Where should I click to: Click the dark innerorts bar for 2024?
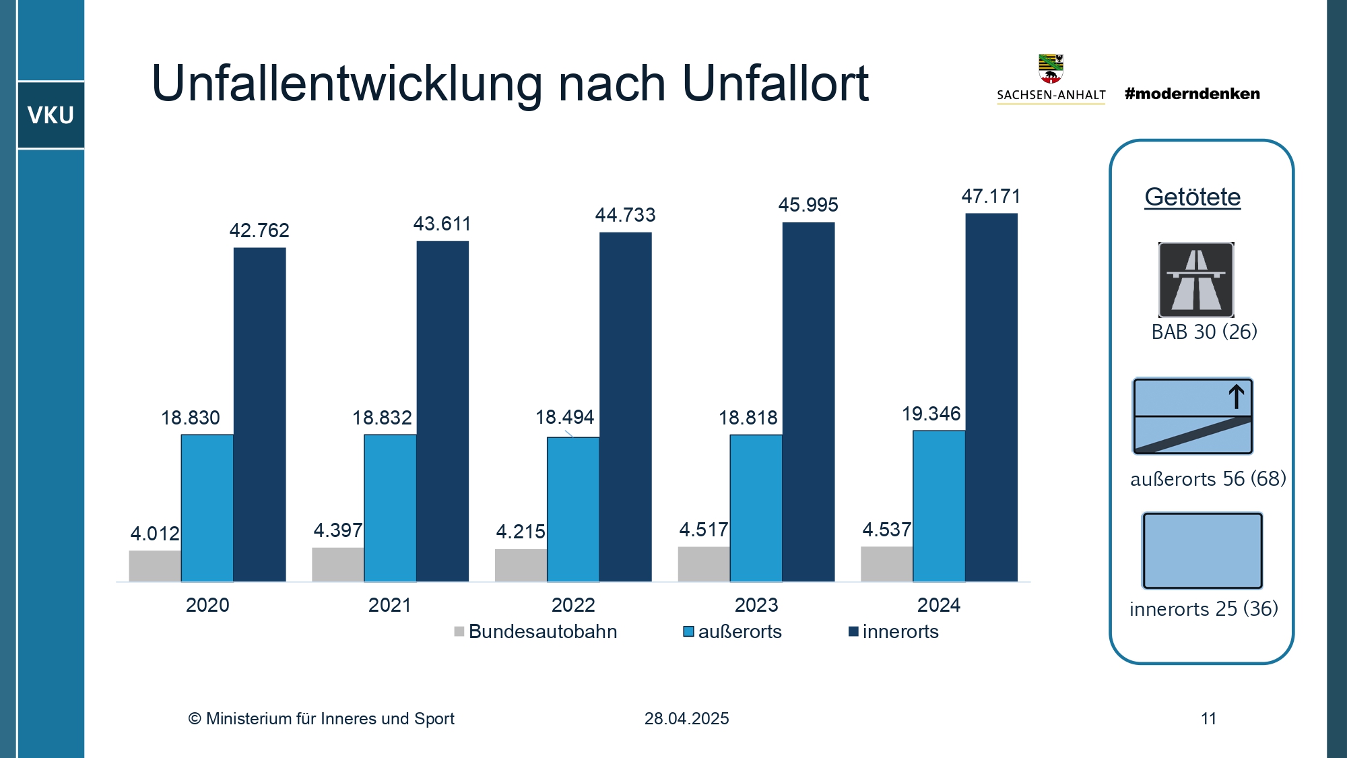pos(991,398)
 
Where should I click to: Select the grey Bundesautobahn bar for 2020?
pos(155,566)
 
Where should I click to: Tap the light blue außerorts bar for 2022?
pos(572,509)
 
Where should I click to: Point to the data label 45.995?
pos(808,205)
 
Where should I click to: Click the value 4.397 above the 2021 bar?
pos(337,531)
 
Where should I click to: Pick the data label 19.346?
pos(931,414)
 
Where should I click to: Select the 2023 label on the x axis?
pos(756,605)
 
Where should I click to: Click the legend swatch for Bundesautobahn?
pos(459,632)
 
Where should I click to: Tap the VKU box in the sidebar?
pos(51,115)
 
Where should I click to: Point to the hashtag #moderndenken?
pos(1192,94)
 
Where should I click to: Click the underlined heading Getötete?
pos(1192,197)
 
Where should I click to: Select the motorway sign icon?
pos(1196,280)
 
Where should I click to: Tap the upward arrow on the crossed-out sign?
pos(1236,396)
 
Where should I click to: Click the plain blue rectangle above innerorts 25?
pos(1202,550)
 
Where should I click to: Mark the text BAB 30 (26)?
pos(1204,332)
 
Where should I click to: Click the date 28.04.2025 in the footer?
pos(686,719)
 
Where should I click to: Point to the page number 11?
pos(1208,719)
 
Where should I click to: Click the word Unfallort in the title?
pos(775,84)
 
